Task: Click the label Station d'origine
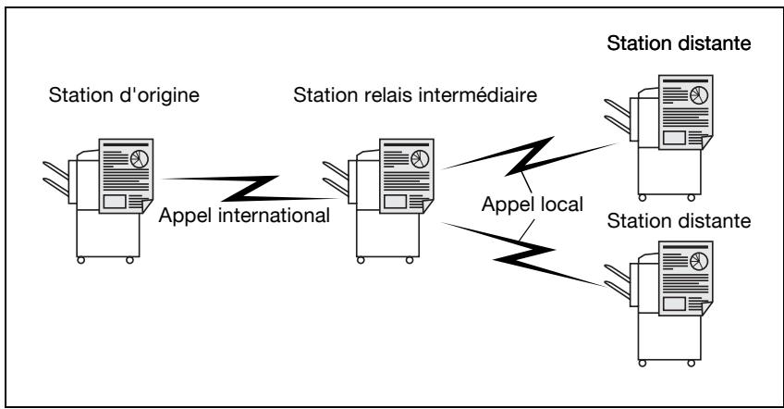pos(124,95)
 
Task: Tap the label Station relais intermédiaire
pos(415,95)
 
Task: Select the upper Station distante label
pos(679,43)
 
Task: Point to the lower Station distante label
pos(679,221)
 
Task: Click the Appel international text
pos(244,216)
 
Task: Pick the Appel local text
pos(532,204)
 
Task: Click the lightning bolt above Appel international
pos(250,189)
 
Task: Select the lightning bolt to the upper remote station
pos(530,156)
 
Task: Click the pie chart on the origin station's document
pos(140,158)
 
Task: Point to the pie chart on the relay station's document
pos(420,158)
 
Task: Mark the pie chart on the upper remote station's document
pos(699,95)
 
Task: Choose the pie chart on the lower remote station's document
pos(699,261)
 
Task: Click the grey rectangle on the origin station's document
pos(115,201)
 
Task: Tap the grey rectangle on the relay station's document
pos(395,201)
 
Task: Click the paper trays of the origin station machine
pos(56,179)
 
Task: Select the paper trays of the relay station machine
pos(336,179)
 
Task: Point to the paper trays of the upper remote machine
pos(618,117)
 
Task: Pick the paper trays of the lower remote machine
pos(618,282)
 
